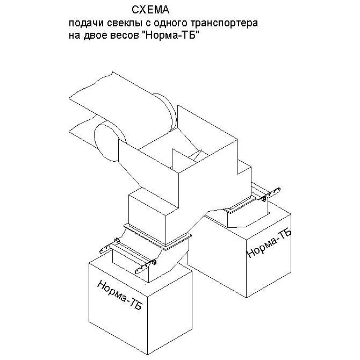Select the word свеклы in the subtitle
pos(119,24)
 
